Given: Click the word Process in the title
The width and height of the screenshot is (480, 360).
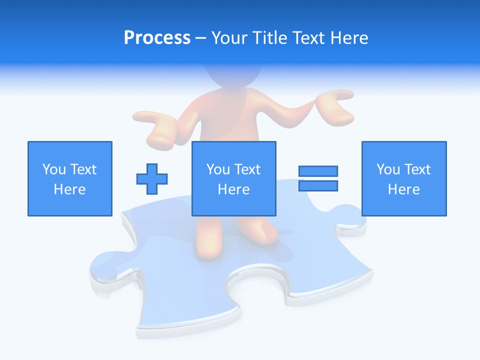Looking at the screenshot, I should [157, 38].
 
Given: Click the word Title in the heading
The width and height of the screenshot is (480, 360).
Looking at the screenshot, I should [269, 38].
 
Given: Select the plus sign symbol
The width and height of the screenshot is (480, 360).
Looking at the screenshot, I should [152, 179].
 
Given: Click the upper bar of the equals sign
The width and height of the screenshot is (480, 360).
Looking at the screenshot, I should [318, 171].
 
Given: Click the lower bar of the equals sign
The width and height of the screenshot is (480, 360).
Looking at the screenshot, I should [318, 186].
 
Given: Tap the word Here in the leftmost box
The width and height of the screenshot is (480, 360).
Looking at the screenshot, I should [70, 189].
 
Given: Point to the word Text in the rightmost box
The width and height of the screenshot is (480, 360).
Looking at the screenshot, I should [417, 169].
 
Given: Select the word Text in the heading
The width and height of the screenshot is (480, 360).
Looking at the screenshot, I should [306, 38].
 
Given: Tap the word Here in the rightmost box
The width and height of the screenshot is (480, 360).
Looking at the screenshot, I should [404, 189].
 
